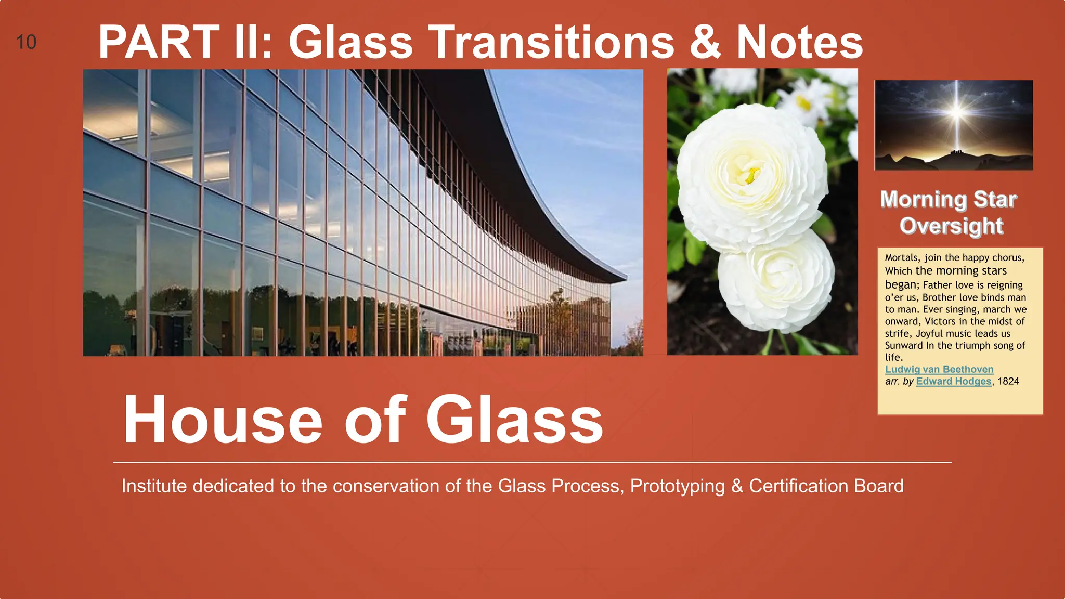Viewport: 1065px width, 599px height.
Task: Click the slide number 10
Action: point(26,42)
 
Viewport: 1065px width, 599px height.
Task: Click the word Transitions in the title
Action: point(551,42)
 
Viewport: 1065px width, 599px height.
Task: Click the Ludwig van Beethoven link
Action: point(939,369)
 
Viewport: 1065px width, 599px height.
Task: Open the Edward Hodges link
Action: point(954,381)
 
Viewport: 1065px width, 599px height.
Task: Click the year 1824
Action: point(1008,381)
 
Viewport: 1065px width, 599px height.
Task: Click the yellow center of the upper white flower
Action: point(752,175)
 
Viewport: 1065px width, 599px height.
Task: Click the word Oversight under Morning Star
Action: point(951,226)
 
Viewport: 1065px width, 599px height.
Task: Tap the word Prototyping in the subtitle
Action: point(677,486)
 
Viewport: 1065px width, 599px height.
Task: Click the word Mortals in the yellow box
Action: point(902,258)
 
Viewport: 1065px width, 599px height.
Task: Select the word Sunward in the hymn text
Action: point(903,346)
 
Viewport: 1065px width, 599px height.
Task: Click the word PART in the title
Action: point(159,42)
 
